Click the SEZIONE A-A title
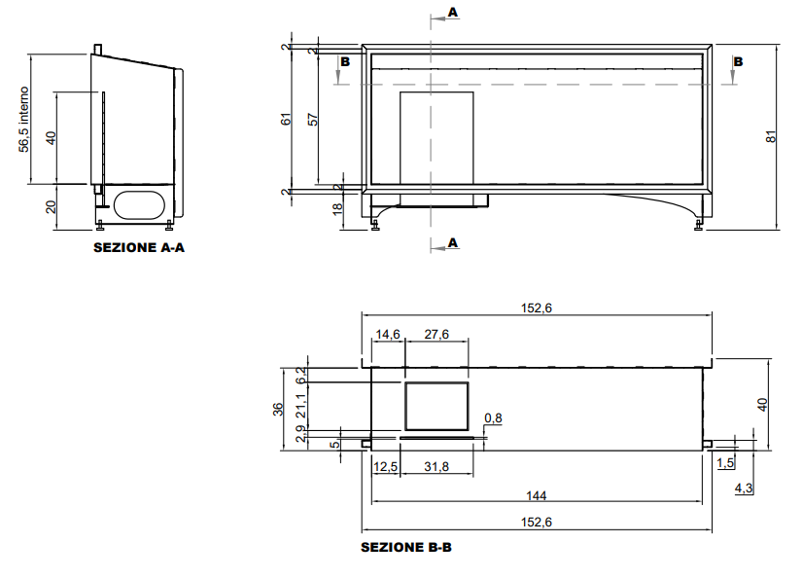[x=139, y=248]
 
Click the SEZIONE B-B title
[x=406, y=547]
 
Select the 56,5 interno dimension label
[x=23, y=120]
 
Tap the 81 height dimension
[x=771, y=136]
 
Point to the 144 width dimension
[x=536, y=495]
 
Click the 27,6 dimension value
[x=436, y=335]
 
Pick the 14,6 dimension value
[x=388, y=335]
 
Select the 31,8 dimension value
[x=436, y=466]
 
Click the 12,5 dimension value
[x=386, y=466]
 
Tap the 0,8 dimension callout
[x=493, y=418]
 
